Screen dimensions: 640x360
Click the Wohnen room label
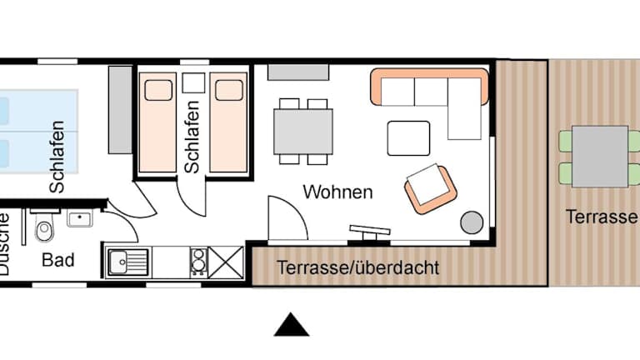pos(338,192)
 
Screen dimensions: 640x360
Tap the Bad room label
pos(58,260)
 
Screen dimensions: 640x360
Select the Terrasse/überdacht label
pos(358,267)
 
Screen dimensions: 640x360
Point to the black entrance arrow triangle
pos(292,325)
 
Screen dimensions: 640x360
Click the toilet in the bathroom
pos(44,227)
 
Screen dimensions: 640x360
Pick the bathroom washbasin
pos(80,219)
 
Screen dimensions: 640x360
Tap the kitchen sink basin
pos(118,262)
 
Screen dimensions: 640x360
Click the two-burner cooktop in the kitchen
pos(199,262)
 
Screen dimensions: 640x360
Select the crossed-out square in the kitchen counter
pos(226,262)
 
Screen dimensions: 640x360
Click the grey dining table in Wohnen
pos(303,132)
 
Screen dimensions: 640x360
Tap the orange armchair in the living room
pos(431,188)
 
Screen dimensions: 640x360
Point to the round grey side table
pos(472,222)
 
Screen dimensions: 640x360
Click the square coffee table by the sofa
pos(408,138)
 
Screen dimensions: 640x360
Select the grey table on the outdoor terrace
pos(600,157)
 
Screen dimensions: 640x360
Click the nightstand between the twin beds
pos(193,83)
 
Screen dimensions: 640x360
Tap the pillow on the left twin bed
pos(158,90)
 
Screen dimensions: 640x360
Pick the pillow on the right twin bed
pos(229,90)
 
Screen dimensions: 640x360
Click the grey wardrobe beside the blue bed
pos(120,110)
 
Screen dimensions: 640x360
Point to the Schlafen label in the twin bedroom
pos(192,137)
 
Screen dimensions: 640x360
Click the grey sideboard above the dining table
pos(298,72)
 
